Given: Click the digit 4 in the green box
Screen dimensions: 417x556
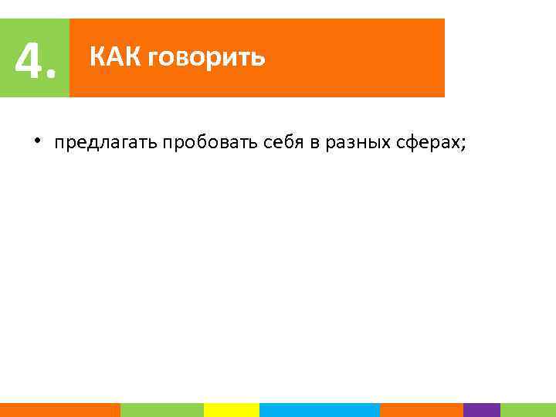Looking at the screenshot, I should [x=29, y=60].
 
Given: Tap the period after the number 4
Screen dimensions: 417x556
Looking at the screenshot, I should [x=52, y=76].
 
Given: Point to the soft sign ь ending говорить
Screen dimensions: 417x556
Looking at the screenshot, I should [x=258, y=58].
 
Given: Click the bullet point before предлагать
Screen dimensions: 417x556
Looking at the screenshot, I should [x=36, y=141].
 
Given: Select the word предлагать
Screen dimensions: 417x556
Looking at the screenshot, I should [x=106, y=143].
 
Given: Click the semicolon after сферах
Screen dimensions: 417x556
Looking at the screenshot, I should [x=463, y=144].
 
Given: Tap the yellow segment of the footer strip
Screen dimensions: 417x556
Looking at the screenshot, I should [x=231, y=410].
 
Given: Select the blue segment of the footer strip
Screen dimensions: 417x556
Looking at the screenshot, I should [x=320, y=410].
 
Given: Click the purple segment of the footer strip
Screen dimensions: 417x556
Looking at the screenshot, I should [x=482, y=410].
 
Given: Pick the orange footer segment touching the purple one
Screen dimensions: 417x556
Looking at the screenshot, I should [x=422, y=410].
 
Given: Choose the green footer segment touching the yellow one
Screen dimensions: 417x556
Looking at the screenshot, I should [x=161, y=410].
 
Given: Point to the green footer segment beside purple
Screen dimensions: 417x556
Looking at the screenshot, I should [x=527, y=410].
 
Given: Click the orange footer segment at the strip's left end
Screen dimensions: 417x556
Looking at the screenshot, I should [x=59, y=410].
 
